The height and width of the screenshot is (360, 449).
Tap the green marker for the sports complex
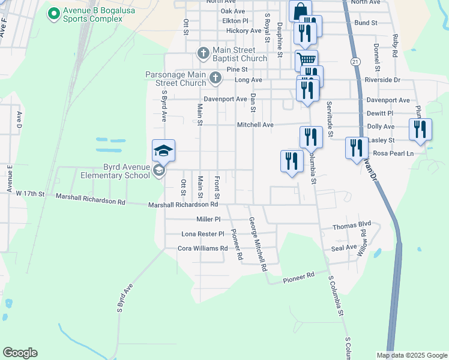(x=53, y=12)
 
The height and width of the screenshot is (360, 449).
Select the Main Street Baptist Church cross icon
(x=203, y=53)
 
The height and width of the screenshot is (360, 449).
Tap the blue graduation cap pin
(x=163, y=151)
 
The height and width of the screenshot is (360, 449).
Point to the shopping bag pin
(x=300, y=11)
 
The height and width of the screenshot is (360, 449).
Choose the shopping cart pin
(x=306, y=59)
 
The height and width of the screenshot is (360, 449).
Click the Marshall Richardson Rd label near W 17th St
(x=90, y=198)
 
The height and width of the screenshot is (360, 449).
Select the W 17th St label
(x=31, y=193)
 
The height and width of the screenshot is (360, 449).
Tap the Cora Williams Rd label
(x=203, y=248)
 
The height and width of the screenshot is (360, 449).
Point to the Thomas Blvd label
(x=352, y=225)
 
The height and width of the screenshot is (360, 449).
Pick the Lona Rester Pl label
(x=203, y=233)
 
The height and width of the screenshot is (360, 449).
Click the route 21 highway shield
(x=356, y=62)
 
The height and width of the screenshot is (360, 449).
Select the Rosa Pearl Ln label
(x=394, y=154)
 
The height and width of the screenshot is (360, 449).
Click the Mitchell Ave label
(x=255, y=125)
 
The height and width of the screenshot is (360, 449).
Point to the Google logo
(x=20, y=353)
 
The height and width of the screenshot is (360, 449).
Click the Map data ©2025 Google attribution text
(x=411, y=355)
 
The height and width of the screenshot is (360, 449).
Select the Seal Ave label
(x=344, y=247)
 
